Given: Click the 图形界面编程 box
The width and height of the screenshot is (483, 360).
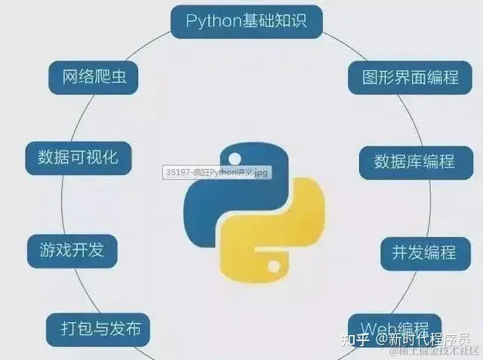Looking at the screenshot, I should (x=404, y=77).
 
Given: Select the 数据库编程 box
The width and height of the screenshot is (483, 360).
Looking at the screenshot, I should (x=414, y=162).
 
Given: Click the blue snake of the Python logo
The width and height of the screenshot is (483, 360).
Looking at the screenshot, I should (x=219, y=189).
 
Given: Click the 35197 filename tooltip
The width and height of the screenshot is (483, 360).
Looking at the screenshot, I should (x=217, y=173).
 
